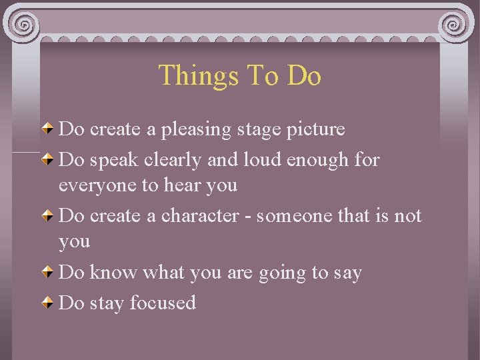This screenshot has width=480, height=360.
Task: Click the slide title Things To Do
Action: click(240, 75)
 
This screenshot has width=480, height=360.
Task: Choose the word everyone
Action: click(97, 185)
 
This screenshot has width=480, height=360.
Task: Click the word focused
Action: click(163, 303)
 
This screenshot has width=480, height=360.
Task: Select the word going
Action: click(287, 273)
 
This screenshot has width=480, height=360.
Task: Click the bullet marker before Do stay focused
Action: click(49, 303)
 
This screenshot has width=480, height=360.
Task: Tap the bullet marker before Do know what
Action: click(49, 273)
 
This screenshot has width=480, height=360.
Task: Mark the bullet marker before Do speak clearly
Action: click(49, 160)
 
